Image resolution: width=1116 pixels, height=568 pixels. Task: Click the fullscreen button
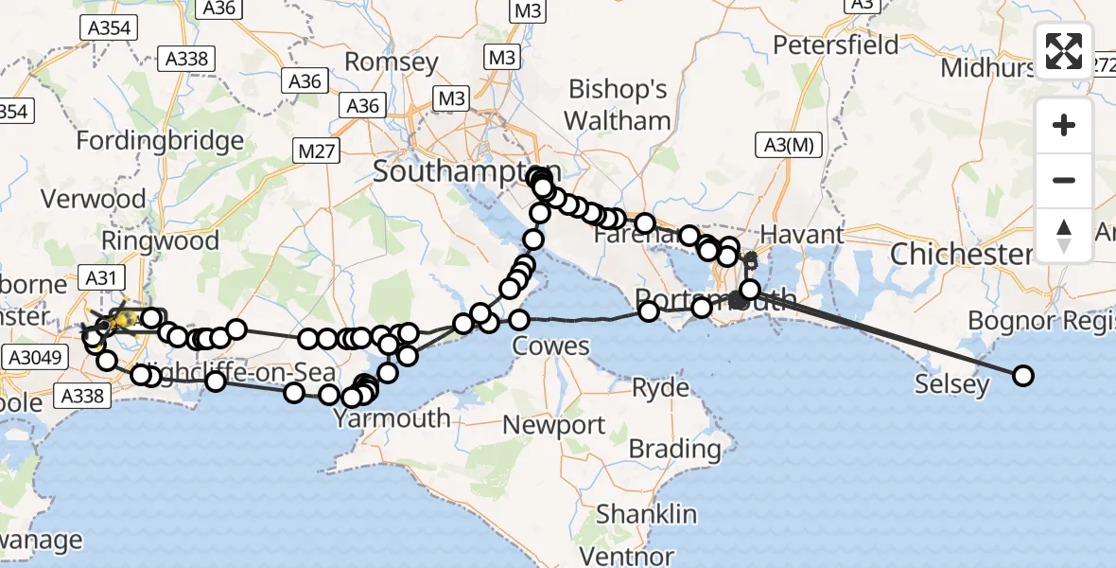pyautogui.click(x=1064, y=51)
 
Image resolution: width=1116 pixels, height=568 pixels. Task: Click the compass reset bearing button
pyautogui.click(x=1064, y=236)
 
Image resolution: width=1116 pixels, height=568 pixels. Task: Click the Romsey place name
pyautogui.click(x=392, y=63)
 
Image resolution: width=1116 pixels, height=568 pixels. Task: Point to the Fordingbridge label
pyautogui.click(x=159, y=142)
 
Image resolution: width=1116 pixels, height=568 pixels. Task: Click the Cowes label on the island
pyautogui.click(x=551, y=346)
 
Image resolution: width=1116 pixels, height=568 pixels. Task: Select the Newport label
pyautogui.click(x=553, y=425)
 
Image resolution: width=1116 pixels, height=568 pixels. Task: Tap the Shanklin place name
pyautogui.click(x=647, y=515)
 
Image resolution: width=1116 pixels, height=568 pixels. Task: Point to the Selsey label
pyautogui.click(x=951, y=384)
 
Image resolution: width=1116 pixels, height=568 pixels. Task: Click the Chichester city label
pyautogui.click(x=961, y=255)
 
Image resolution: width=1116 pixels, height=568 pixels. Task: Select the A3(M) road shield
pyautogui.click(x=790, y=145)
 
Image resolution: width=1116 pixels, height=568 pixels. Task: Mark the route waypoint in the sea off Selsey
pyautogui.click(x=1023, y=376)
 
